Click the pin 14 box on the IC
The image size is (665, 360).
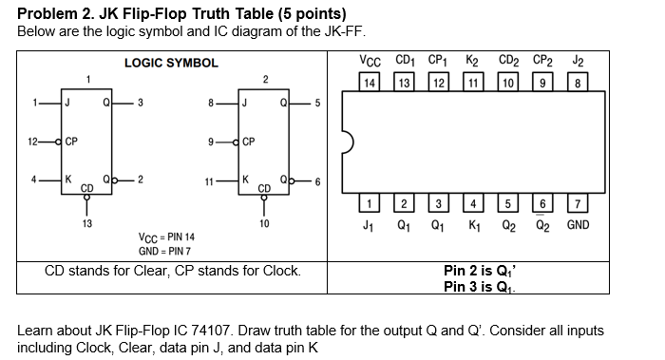point(370,82)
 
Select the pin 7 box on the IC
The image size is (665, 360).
point(578,203)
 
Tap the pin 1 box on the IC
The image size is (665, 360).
point(369,203)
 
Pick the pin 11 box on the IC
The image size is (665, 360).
point(473,82)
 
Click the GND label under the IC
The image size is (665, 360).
point(578,225)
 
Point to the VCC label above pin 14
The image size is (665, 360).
point(370,61)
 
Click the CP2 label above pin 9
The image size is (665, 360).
point(542,61)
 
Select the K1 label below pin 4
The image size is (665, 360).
point(474,225)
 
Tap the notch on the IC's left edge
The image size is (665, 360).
point(349,142)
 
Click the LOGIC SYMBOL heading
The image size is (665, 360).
point(171,64)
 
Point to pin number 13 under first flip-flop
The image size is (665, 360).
point(87,223)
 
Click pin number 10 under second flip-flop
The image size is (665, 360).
point(264,223)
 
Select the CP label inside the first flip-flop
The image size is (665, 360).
point(71,142)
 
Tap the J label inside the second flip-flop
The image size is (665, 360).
point(244,103)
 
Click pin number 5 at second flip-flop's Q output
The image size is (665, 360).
point(317,103)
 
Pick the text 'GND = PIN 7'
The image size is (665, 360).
point(164,252)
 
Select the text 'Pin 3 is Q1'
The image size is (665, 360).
point(479,287)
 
